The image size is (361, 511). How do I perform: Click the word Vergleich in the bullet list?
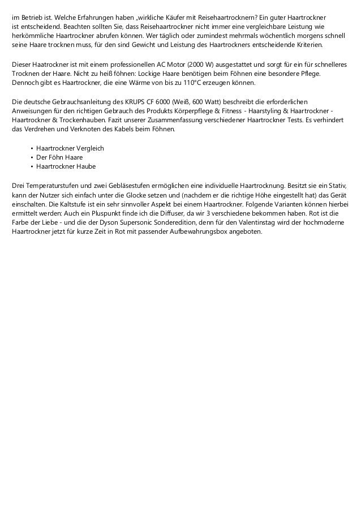point(88,148)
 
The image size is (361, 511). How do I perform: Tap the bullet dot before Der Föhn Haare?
point(31,157)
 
